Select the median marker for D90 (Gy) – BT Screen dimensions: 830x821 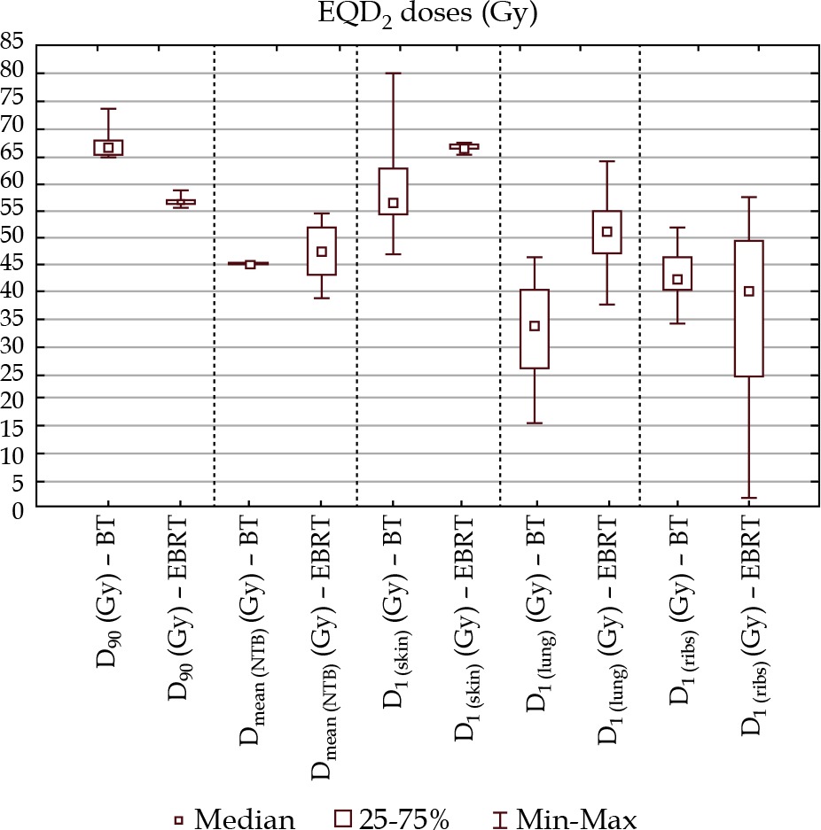[x=109, y=148]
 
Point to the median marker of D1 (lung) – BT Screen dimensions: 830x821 [x=535, y=326]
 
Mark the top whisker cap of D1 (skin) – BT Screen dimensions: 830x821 [x=394, y=73]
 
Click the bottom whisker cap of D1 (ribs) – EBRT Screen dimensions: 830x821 [x=749, y=498]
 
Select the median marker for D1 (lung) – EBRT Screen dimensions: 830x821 [x=606, y=232]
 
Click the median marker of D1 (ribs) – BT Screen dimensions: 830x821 [x=678, y=280]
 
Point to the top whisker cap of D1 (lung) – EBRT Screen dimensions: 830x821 [x=606, y=161]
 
